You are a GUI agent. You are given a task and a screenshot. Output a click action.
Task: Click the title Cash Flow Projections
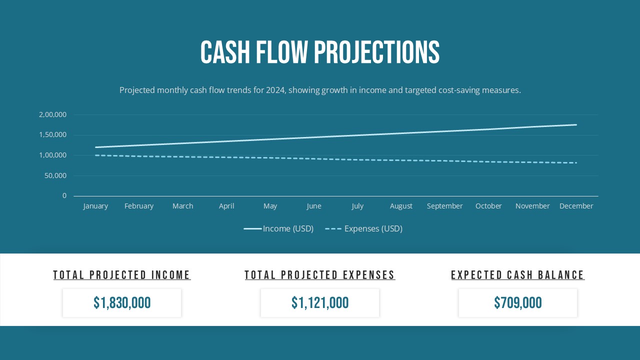click(320, 52)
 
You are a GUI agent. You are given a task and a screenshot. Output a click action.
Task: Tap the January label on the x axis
click(95, 206)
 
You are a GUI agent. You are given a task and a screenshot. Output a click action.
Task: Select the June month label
click(314, 206)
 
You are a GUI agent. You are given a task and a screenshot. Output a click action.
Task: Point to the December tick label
click(576, 206)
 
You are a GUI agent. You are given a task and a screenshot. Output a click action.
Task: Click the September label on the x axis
click(444, 206)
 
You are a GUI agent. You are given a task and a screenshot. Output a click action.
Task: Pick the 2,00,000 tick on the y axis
click(52, 114)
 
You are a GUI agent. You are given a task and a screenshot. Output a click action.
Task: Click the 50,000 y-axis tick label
click(55, 175)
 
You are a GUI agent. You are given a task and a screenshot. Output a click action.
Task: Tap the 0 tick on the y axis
click(64, 195)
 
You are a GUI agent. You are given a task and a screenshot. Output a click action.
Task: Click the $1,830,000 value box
click(122, 303)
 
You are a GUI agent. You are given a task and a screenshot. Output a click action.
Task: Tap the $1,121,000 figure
click(320, 303)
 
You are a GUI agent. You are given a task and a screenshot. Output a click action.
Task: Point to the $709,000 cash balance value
click(518, 303)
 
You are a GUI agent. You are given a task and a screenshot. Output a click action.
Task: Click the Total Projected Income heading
click(122, 275)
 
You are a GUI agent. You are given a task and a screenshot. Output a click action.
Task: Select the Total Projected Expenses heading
click(320, 275)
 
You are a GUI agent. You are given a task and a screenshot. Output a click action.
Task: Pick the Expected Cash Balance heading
click(518, 275)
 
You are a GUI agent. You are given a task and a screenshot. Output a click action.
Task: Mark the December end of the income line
click(576, 125)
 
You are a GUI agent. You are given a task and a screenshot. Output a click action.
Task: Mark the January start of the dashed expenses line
click(96, 155)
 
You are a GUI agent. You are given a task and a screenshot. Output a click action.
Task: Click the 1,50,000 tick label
click(52, 134)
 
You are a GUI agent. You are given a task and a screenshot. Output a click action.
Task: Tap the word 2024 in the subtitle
click(275, 90)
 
